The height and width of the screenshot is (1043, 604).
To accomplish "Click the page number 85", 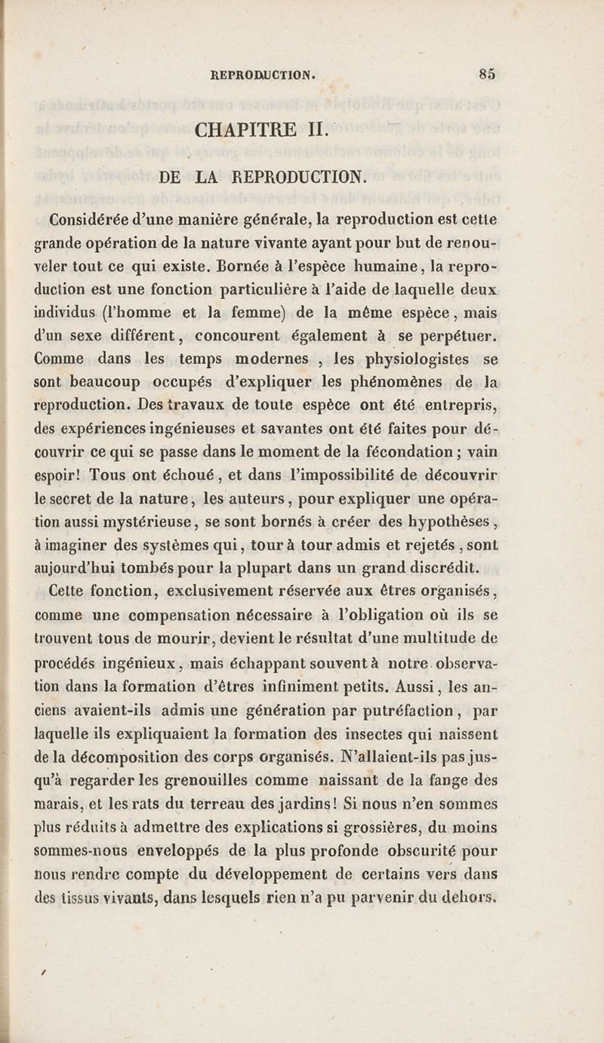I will click(x=486, y=74).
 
